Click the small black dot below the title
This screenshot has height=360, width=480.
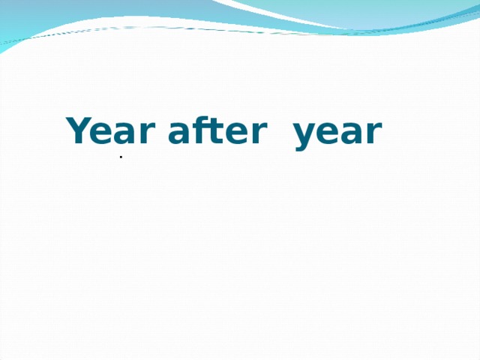pos(121,157)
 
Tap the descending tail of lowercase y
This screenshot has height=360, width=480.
pos(301,147)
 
